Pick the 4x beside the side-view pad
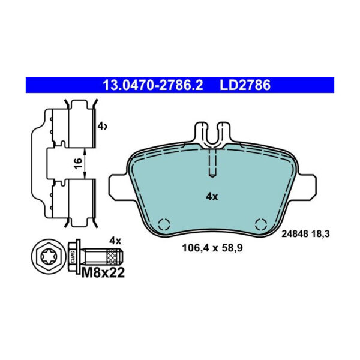coord(102,126)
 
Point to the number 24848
coord(295,236)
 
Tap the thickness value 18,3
coord(322,236)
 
